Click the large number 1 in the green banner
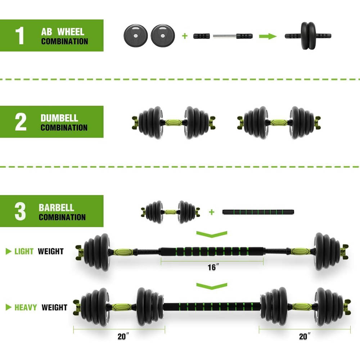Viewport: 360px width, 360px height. pos(20,35)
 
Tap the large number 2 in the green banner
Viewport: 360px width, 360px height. pos(21,122)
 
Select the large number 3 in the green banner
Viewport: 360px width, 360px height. pos(20,212)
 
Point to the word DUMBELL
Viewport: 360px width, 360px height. pos(59,118)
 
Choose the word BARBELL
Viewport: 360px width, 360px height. pos(57,208)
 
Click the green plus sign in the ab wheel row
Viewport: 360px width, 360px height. pos(185,36)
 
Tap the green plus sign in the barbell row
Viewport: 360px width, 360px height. pos(212,212)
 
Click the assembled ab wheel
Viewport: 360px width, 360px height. pos(308,36)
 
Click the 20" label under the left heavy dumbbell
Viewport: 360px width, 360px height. pos(123,337)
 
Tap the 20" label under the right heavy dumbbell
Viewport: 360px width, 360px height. pos(305,337)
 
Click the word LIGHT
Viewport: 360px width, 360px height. pos(24,251)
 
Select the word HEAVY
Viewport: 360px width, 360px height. pos(26,307)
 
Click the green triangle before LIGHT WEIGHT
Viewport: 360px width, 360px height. pos(9,251)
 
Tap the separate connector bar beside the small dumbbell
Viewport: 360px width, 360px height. pos(258,212)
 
